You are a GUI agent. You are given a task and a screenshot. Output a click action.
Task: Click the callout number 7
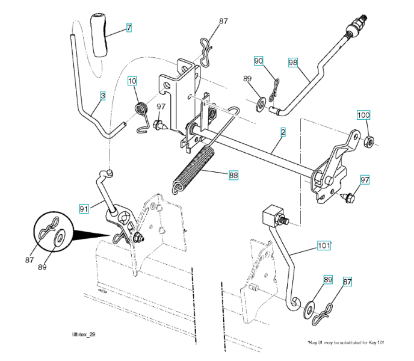coord(129,27)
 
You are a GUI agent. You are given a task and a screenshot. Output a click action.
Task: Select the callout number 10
coord(132,81)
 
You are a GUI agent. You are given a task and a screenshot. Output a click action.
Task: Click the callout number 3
coord(103,95)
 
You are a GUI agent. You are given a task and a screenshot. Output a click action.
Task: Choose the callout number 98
coord(293,62)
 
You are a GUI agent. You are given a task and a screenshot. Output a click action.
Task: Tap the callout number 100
coord(363,115)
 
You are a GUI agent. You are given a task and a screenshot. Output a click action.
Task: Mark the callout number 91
coord(84,208)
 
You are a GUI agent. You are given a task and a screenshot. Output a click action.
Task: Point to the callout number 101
coord(323,245)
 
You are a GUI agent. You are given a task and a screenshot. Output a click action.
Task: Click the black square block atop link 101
coord(273,214)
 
